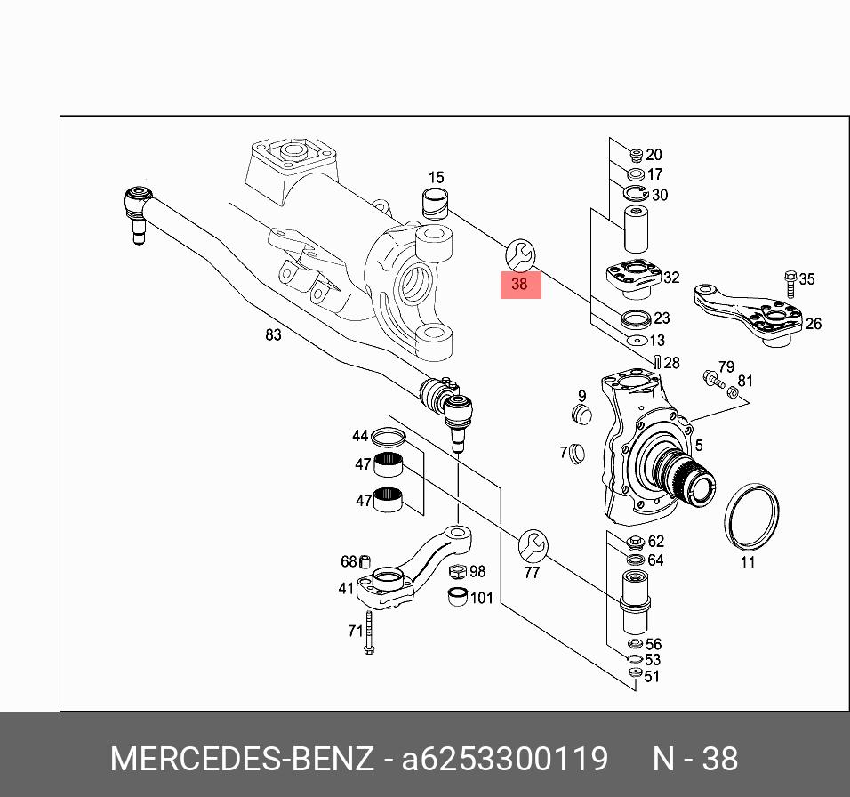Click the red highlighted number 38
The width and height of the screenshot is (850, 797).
point(520,285)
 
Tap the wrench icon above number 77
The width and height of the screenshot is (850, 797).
point(533,544)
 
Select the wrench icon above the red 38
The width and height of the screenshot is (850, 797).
point(519,255)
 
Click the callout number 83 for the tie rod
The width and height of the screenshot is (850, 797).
point(273,334)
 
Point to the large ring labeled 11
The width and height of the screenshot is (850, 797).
point(752,519)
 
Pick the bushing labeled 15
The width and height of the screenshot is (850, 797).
point(435,204)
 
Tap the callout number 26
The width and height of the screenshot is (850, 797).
point(814,324)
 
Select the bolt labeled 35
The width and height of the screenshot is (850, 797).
point(790,283)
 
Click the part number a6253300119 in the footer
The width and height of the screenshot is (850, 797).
point(505,759)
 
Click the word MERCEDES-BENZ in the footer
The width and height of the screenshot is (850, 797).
point(241,759)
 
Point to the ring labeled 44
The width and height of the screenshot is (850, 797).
point(387,437)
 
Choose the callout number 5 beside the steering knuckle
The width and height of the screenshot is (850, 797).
point(700,446)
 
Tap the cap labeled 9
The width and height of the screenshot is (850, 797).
point(581,414)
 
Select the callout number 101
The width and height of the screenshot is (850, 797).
point(481,597)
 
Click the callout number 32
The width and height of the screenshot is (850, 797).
point(671,278)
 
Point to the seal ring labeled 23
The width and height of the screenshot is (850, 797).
point(634,318)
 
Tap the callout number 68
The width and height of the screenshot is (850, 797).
point(349,561)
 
